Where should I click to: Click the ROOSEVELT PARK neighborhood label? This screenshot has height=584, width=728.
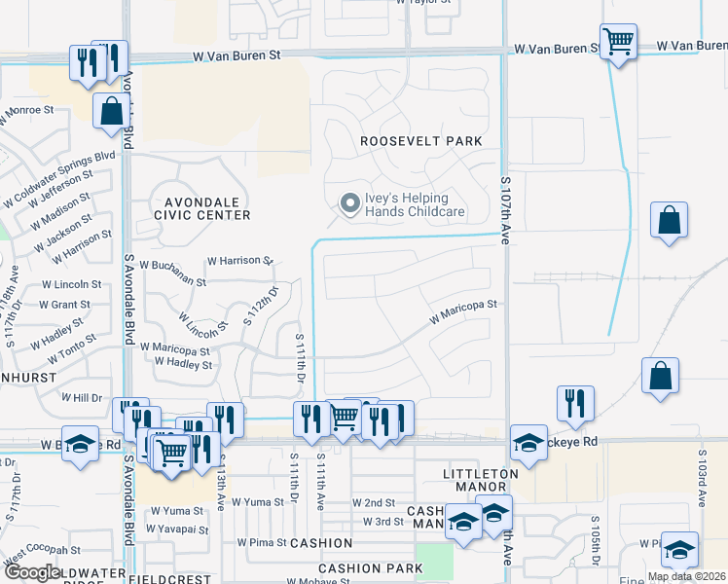click(420, 141)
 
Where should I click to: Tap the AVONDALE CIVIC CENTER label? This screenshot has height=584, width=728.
click(201, 207)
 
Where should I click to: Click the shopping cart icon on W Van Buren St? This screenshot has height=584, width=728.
click(618, 42)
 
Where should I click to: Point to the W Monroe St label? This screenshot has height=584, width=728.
click(26, 110)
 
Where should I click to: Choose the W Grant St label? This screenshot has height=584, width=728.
click(64, 305)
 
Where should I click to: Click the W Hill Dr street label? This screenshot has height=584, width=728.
click(82, 398)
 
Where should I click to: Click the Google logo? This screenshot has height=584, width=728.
click(32, 572)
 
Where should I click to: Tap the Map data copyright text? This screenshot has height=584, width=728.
click(686, 576)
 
